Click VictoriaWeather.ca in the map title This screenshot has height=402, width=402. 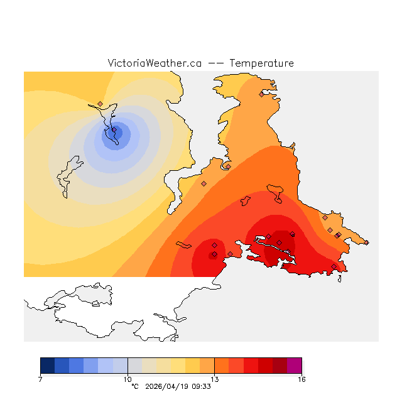point(155,63)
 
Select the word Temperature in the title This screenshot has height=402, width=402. point(261,63)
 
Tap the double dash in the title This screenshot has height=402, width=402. point(215,63)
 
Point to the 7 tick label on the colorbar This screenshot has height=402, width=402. point(40,379)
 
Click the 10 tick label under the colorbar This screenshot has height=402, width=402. point(128,379)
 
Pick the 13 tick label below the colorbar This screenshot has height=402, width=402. point(214,379)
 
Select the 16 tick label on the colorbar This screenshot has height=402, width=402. point(301,379)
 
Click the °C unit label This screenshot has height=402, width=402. point(134,387)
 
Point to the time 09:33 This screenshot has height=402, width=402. point(201,387)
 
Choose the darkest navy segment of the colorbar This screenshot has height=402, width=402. point(47,366)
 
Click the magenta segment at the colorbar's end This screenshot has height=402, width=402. point(294,366)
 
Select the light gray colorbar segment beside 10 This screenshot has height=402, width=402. point(134,366)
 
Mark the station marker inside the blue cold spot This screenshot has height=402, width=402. point(114,130)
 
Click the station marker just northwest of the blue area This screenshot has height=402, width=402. point(100,104)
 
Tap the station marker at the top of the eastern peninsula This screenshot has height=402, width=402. point(261,95)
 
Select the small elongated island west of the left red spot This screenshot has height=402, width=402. point(183,244)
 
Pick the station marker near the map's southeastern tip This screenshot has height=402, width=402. point(339,235)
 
